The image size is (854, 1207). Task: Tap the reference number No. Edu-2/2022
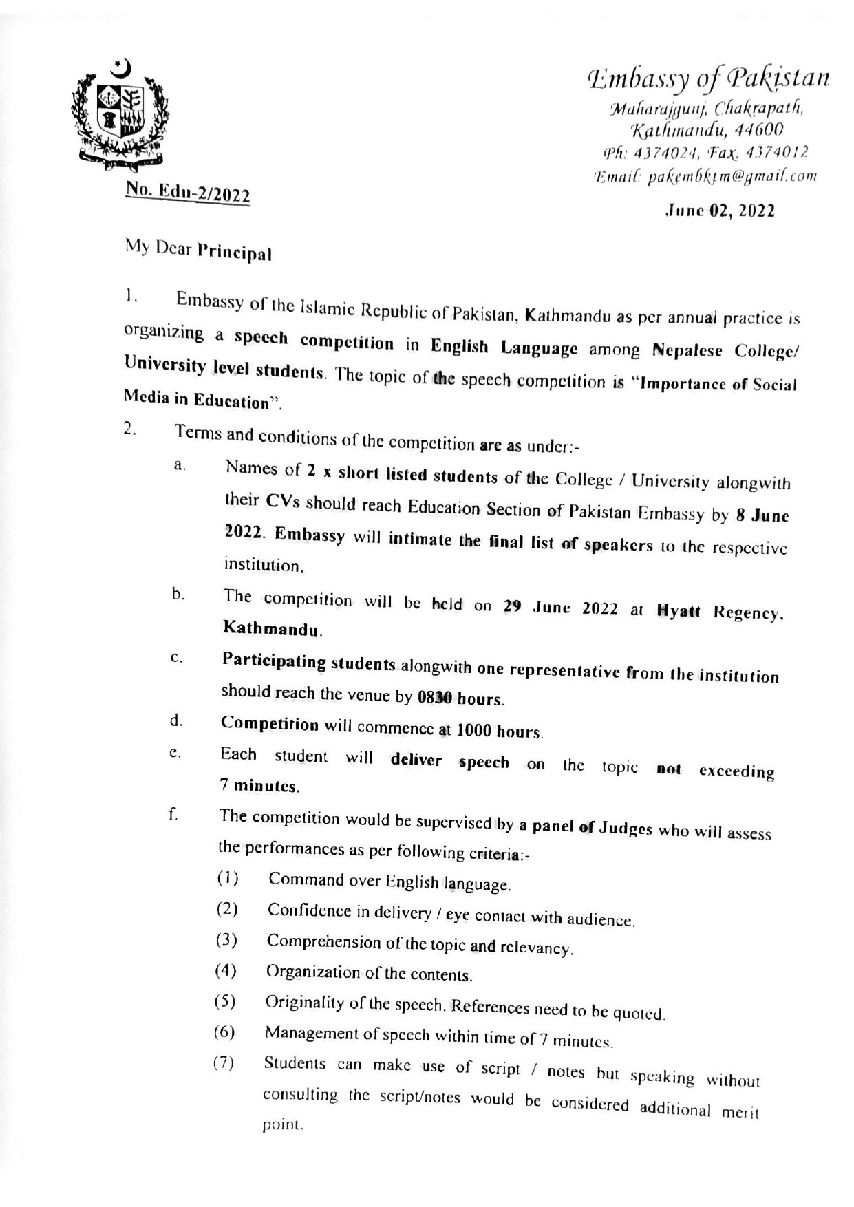(187, 193)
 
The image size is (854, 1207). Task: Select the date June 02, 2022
(719, 211)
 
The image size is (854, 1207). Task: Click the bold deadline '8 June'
(762, 515)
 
